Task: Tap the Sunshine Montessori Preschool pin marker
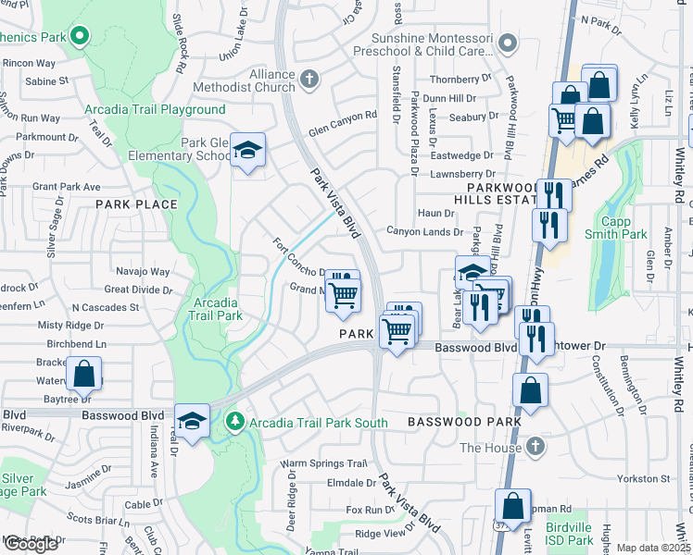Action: (507, 43)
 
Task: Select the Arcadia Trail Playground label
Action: (155, 109)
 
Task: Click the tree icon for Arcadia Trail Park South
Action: (235, 423)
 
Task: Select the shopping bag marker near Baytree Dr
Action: (83, 375)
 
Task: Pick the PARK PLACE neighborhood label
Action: (136, 203)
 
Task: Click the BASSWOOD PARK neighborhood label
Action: (458, 422)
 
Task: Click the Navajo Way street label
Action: (143, 272)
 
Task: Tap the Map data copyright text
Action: (653, 548)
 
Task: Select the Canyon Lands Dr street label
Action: (424, 232)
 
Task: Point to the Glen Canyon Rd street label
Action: (344, 116)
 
